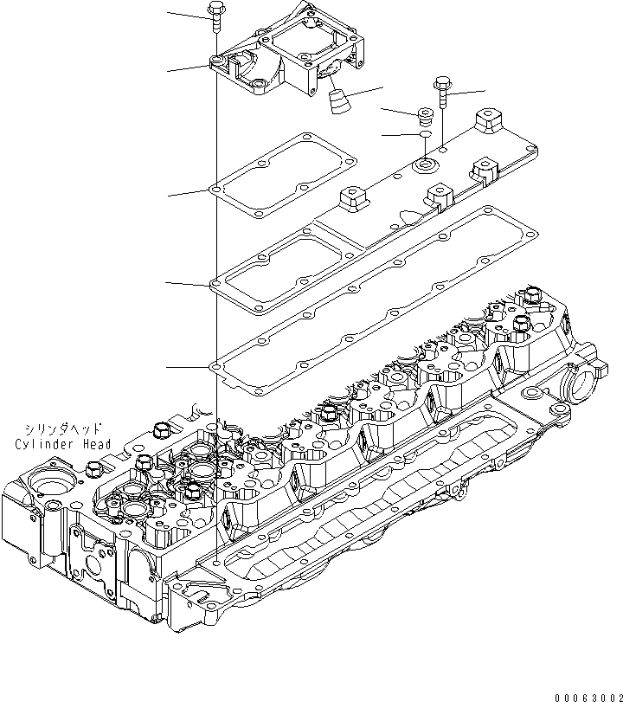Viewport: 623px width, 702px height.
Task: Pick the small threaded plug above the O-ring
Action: (x=425, y=115)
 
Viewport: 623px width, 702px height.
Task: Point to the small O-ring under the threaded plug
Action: (x=425, y=135)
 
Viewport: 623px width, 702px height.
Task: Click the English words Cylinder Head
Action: (x=63, y=445)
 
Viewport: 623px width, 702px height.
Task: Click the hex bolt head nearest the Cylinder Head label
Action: (x=159, y=430)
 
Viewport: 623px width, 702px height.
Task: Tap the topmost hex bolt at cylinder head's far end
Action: (x=530, y=298)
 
